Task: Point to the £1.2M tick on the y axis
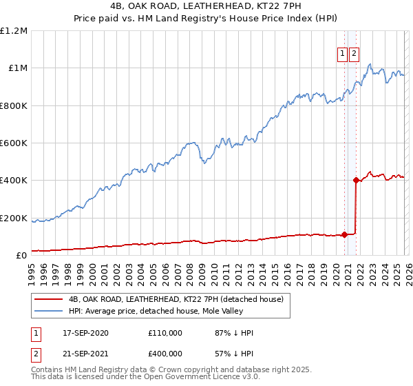click(14, 31)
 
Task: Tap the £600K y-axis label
click(14, 143)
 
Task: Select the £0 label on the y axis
click(22, 255)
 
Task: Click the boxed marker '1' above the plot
click(342, 55)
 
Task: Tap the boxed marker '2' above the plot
click(354, 55)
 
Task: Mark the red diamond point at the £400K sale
click(356, 181)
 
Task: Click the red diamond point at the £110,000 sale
click(344, 234)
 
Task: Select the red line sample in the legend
click(49, 300)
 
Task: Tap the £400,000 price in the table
click(165, 354)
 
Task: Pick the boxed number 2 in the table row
click(36, 354)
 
